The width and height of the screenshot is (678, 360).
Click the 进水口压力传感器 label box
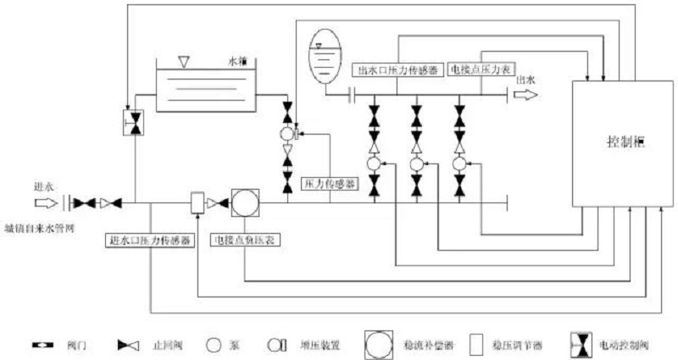pyautogui.click(x=148, y=240)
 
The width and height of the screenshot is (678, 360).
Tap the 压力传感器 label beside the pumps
pyautogui.click(x=330, y=182)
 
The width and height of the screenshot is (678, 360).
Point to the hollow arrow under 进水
pyautogui.click(x=44, y=203)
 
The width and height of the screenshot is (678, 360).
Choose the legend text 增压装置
pyautogui.click(x=317, y=346)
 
